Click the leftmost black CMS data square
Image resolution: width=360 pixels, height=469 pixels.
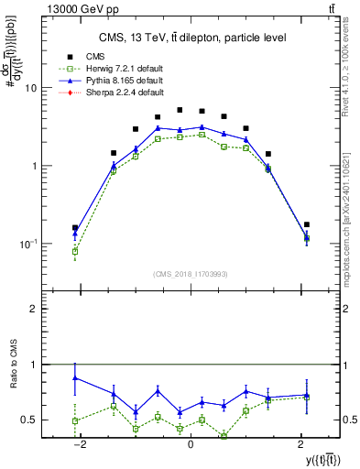tap(75, 227)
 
